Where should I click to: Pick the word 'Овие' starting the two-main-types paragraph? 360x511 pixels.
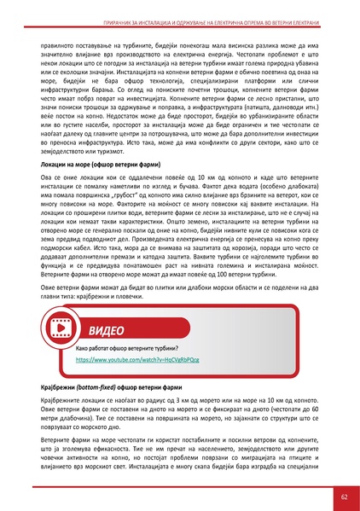pyautogui.click(x=49, y=287)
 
